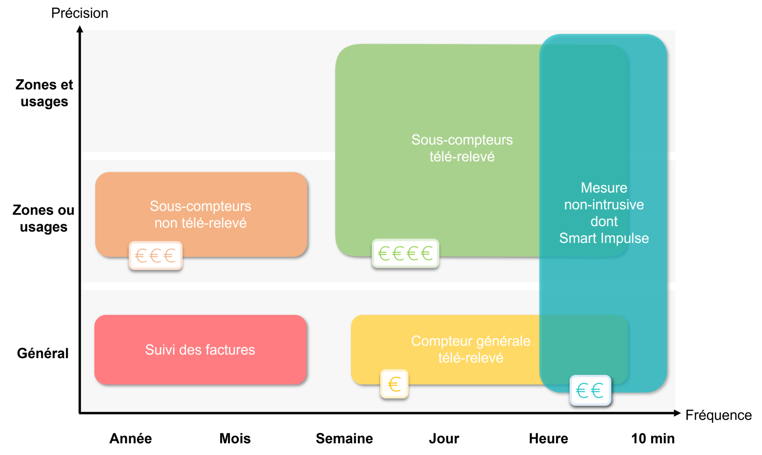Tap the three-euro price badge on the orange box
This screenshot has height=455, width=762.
[156, 256]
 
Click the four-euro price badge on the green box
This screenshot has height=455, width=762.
[405, 253]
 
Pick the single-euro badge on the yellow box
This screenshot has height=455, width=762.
[394, 384]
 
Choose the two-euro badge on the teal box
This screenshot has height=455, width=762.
[590, 391]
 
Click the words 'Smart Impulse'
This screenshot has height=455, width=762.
[604, 238]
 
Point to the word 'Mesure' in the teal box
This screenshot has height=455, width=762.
[604, 188]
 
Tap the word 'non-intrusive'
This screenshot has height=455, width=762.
[604, 205]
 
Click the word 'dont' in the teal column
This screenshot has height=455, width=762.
[604, 221]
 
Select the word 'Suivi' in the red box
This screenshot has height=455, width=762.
[160, 350]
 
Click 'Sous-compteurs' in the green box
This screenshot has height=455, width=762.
[462, 140]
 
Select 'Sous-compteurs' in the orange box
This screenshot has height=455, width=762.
[200, 206]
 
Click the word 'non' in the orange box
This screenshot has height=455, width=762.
[166, 223]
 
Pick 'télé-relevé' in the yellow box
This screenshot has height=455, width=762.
[471, 358]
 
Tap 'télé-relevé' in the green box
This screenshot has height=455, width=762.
[462, 157]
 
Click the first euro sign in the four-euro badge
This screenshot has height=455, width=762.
[384, 253]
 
